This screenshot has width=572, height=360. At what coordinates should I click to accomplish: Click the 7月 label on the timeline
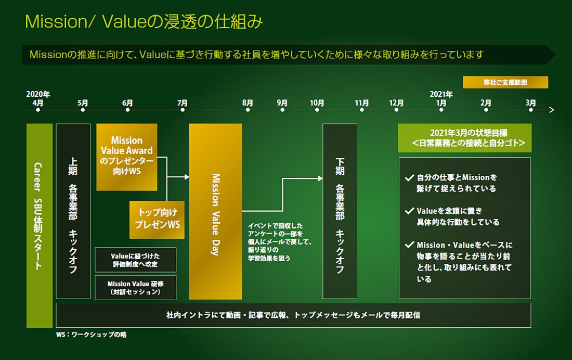183,103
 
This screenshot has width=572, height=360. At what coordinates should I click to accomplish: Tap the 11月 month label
361,103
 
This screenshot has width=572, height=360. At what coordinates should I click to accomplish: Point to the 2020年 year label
38,94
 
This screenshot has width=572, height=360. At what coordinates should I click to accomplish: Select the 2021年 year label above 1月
441,94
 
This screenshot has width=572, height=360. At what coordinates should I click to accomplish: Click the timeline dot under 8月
248,110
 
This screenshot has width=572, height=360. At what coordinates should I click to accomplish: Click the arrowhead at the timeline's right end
552,110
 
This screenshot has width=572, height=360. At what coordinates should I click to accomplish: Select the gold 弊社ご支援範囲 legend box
505,82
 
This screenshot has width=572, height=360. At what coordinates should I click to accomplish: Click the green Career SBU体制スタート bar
40,225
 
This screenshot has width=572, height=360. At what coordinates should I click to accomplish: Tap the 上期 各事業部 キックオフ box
73,211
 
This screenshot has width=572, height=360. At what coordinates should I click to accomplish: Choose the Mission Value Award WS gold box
126,157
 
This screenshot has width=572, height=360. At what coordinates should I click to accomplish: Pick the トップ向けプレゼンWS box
157,220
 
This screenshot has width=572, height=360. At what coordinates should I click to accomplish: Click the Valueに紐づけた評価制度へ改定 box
135,260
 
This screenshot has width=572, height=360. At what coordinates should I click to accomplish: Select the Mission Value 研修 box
135,288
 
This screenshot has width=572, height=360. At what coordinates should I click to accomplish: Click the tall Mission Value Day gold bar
215,211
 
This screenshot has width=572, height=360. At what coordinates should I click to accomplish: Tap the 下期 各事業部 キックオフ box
340,211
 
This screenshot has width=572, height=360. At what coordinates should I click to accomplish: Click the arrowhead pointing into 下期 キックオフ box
320,178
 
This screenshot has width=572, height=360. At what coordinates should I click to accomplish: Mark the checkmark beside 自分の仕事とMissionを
409,178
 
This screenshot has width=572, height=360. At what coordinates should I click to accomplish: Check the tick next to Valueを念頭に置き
409,211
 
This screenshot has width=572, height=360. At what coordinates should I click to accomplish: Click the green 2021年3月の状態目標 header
464,138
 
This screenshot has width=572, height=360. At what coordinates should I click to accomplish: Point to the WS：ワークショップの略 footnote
91,335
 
